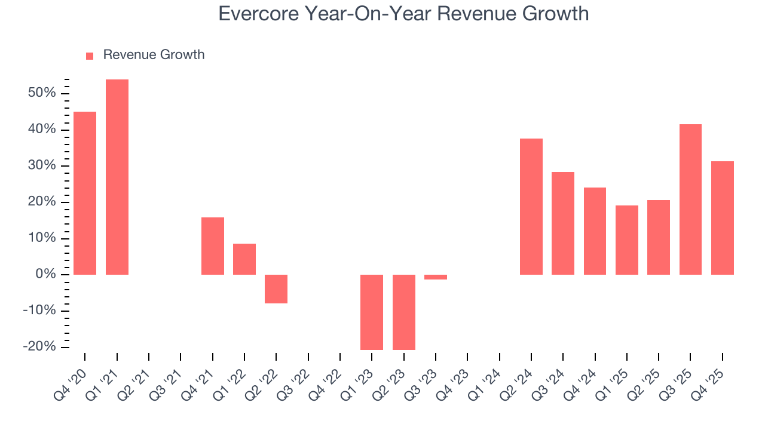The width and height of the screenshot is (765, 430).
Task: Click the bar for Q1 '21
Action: click(x=117, y=177)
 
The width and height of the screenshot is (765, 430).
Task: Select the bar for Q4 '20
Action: click(x=85, y=193)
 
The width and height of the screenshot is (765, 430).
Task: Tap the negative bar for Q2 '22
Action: click(x=276, y=289)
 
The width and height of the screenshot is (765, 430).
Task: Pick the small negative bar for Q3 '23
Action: click(x=436, y=277)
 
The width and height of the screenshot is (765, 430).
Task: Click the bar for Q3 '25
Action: click(x=690, y=199)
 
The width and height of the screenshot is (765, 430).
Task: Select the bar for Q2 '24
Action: click(x=531, y=207)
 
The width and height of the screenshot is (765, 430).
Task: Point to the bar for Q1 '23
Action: click(x=372, y=312)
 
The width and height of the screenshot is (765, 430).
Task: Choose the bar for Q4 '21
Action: click(x=213, y=246)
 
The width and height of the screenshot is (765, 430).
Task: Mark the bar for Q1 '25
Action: click(x=627, y=240)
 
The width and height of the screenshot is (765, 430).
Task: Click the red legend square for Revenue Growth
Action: click(x=90, y=56)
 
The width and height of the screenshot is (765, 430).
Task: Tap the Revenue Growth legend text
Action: click(x=154, y=55)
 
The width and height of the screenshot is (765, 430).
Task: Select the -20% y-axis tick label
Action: click(x=39, y=347)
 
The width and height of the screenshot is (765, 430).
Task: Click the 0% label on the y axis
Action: click(x=45, y=275)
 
